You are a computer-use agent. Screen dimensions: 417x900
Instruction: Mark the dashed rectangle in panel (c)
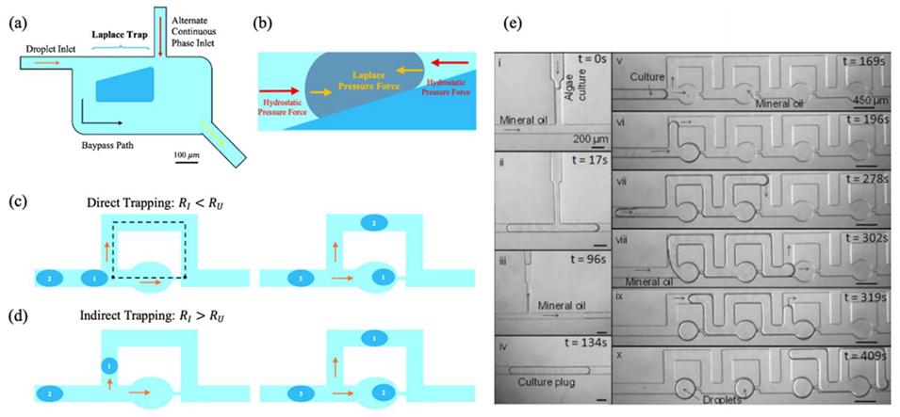pos(149,249)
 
